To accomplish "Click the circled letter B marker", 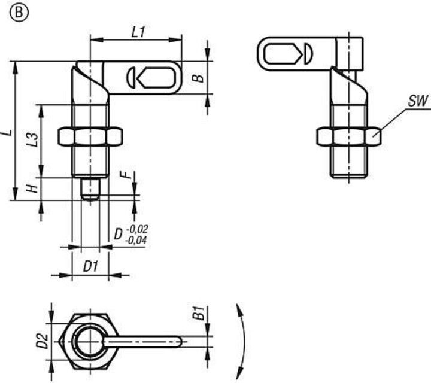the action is pyautogui.click(x=19, y=13).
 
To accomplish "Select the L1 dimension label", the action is pyautogui.click(x=138, y=32).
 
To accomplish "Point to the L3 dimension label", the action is pyautogui.click(x=34, y=139).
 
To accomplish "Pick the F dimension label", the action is pyautogui.click(x=125, y=175).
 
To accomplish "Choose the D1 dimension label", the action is pyautogui.click(x=90, y=266).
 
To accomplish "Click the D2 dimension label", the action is pyautogui.click(x=43, y=341).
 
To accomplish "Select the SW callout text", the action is pyautogui.click(x=418, y=101).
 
